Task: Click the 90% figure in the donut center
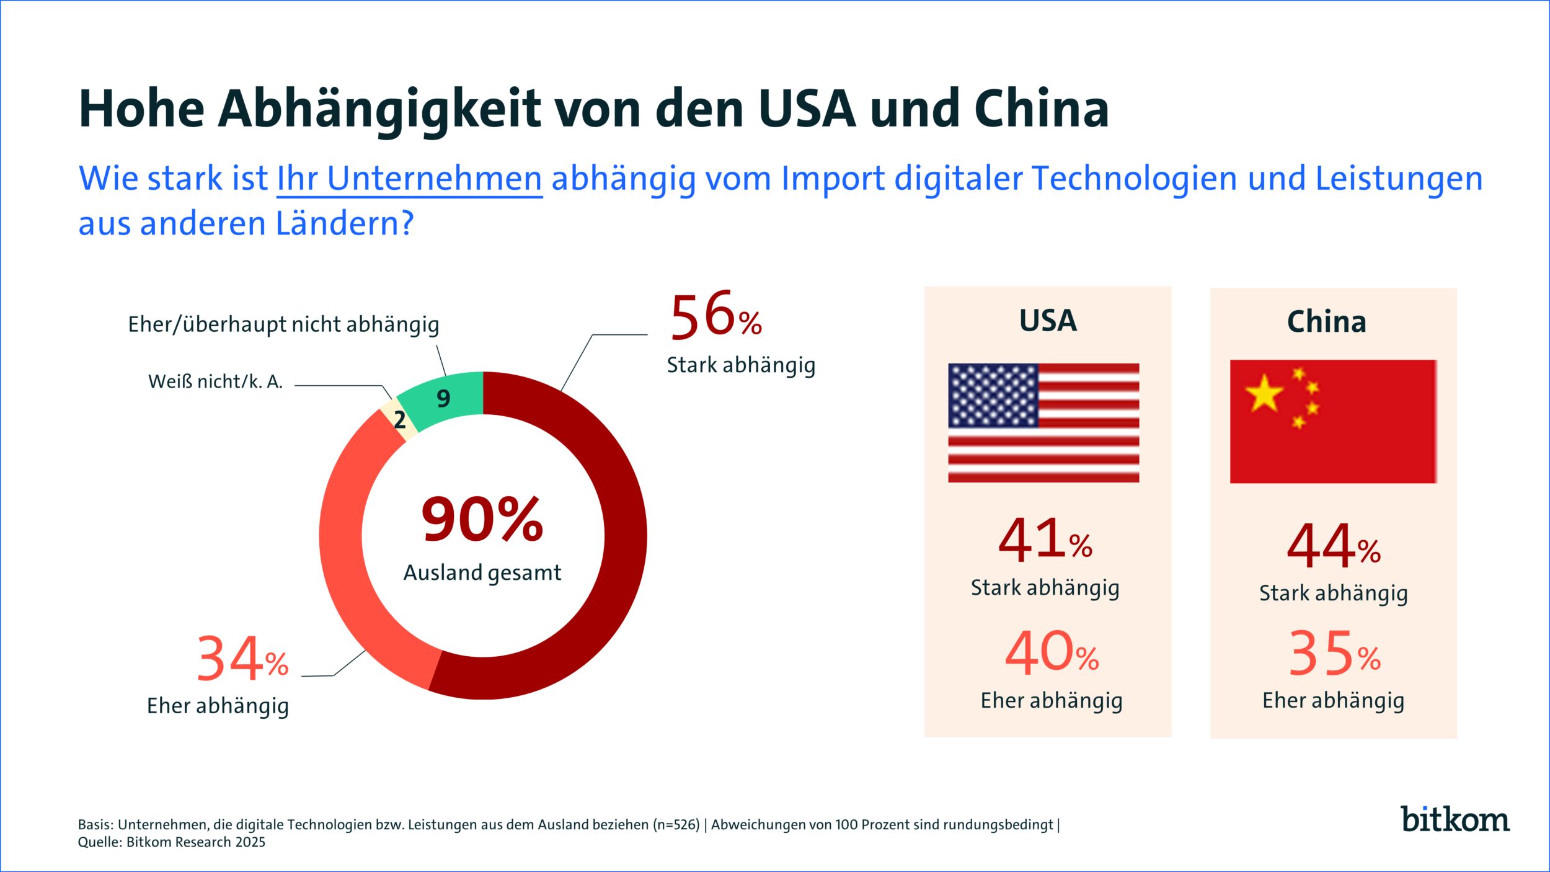(482, 519)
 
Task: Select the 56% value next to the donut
(715, 318)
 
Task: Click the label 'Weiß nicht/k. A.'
(215, 381)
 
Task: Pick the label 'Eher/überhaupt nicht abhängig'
(283, 324)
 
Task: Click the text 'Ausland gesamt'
(482, 572)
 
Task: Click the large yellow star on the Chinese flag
(1264, 394)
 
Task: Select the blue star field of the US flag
(993, 395)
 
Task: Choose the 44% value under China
(1333, 546)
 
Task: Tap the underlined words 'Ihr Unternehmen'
(409, 179)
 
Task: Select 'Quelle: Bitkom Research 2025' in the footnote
(172, 842)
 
